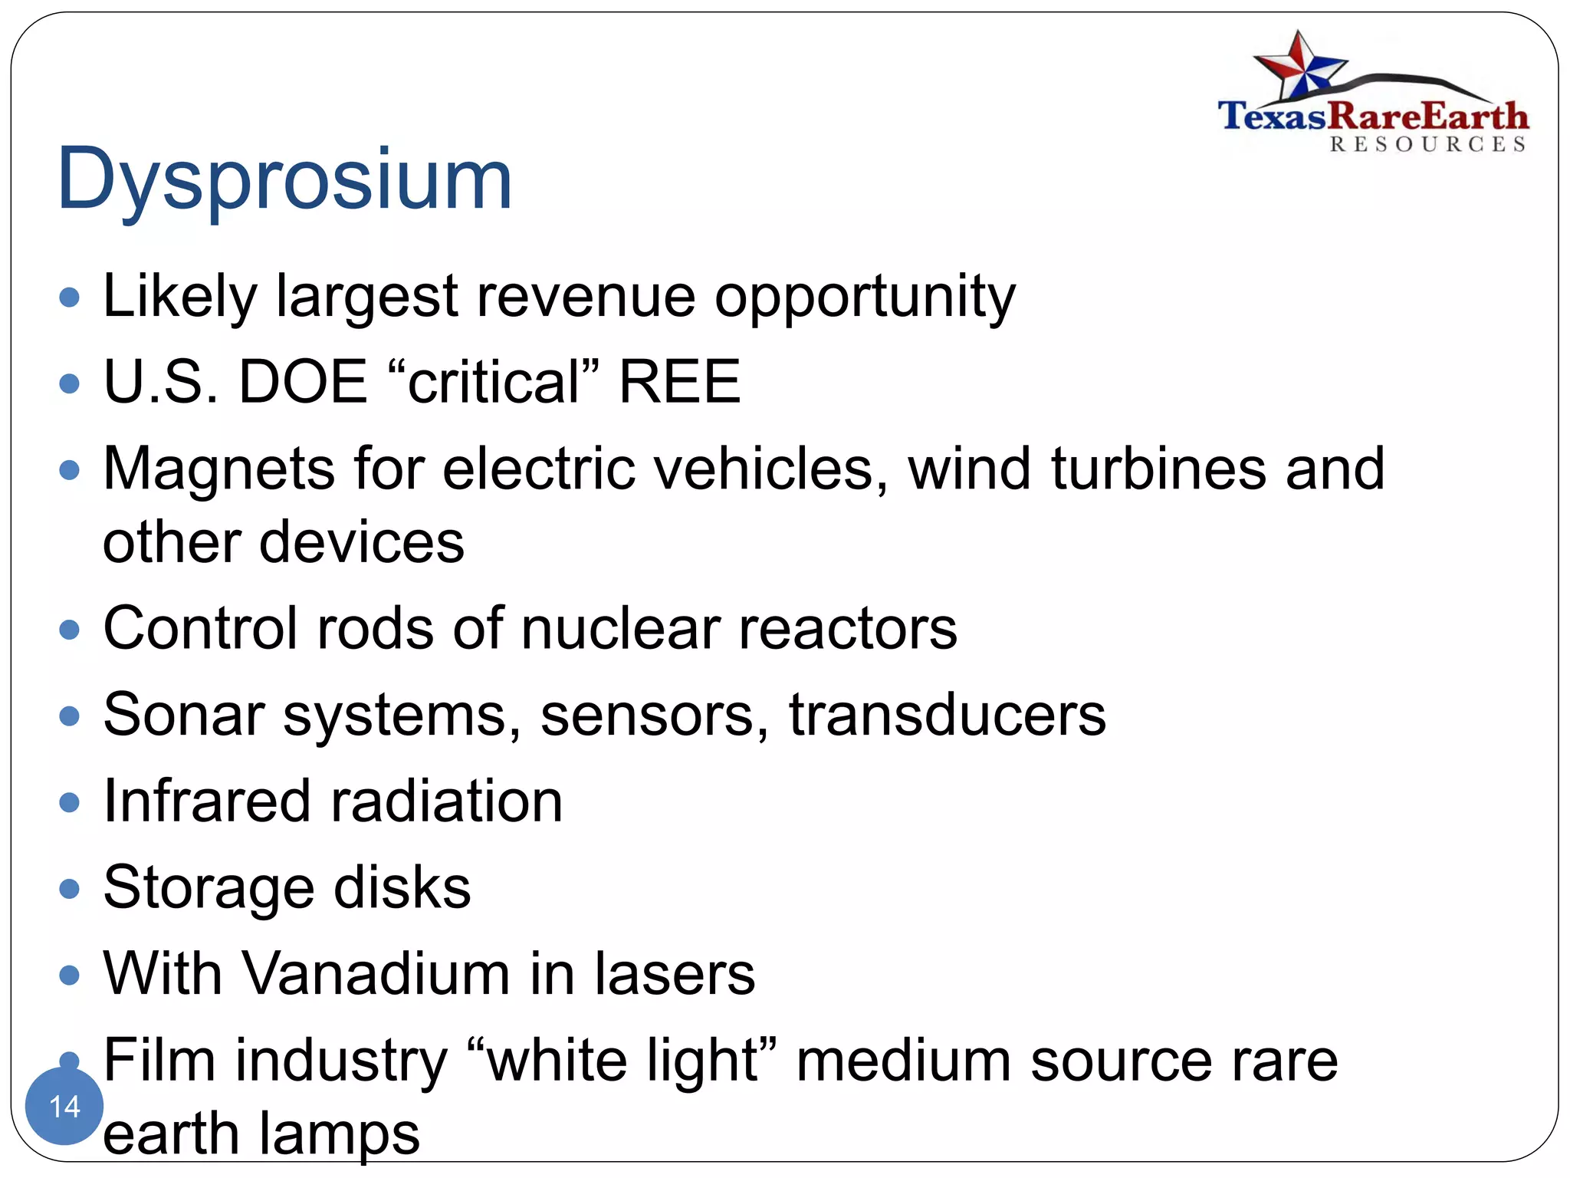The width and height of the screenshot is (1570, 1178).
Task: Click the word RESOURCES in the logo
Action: tap(1427, 145)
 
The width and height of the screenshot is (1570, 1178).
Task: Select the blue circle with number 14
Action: tap(64, 1105)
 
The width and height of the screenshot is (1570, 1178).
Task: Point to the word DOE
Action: tap(304, 382)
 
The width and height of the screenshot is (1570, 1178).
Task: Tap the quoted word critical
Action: tap(494, 382)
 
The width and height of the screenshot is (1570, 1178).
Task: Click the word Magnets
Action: tap(219, 469)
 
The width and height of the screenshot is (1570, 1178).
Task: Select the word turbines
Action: tap(1158, 469)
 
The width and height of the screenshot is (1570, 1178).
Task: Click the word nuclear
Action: tap(621, 629)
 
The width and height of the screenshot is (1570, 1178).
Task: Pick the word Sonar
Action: tap(184, 715)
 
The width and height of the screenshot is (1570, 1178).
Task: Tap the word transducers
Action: tap(948, 715)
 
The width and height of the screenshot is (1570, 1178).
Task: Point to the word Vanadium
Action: tap(376, 974)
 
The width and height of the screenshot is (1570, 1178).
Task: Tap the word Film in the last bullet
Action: tap(159, 1061)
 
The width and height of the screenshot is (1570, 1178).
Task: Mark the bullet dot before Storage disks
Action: tap(70, 889)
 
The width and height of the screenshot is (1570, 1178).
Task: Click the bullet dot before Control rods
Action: tap(70, 630)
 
